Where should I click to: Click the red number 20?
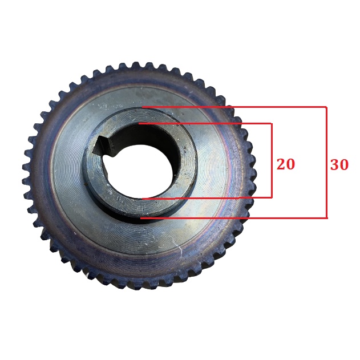point(285,164)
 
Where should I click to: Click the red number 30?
point(339,165)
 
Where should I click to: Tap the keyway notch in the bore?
point(102,145)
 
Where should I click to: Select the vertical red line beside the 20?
point(272,160)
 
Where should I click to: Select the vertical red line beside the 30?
point(326,163)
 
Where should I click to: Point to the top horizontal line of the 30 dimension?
point(234,107)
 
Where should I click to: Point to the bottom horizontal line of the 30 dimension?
point(234,218)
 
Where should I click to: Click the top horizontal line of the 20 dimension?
point(205,124)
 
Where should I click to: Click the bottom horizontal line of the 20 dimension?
point(207,197)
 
